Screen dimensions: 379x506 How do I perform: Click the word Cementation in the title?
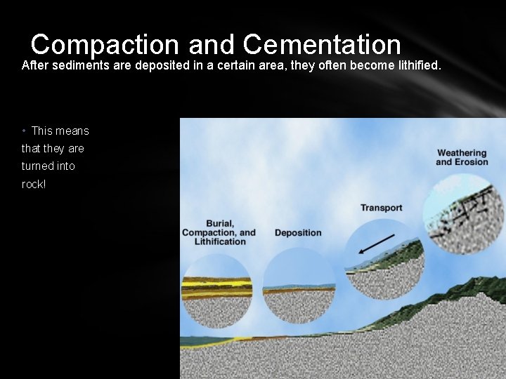click(323, 44)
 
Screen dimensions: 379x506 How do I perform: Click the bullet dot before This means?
click(25, 131)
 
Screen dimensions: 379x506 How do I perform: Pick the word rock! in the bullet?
click(34, 184)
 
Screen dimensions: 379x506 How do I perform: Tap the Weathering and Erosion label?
click(462, 157)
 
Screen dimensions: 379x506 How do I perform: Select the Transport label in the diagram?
click(381, 208)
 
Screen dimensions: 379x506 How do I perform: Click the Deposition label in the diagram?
click(298, 233)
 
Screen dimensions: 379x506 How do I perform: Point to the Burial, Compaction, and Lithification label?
click(219, 232)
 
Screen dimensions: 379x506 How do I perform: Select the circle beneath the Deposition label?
click(299, 285)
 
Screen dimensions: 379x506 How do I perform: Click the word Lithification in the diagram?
click(220, 241)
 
